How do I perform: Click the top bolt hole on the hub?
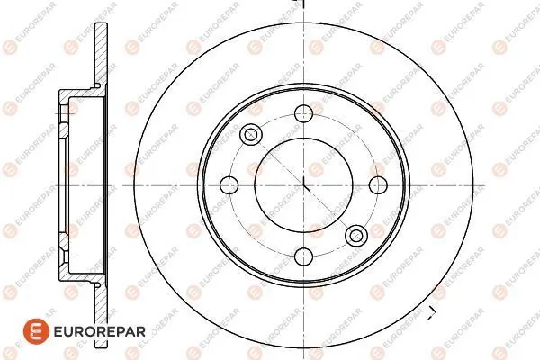pyautogui.click(x=304, y=112)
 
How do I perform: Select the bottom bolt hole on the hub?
pyautogui.click(x=304, y=256)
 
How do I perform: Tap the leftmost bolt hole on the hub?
pyautogui.click(x=232, y=184)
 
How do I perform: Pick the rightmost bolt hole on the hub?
pyautogui.click(x=375, y=184)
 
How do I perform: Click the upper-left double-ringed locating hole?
pyautogui.click(x=252, y=133)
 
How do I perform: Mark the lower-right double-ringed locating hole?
pyautogui.click(x=356, y=236)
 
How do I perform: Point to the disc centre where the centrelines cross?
pyautogui.click(x=304, y=184)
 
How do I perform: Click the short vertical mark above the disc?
pyautogui.click(x=304, y=6)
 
